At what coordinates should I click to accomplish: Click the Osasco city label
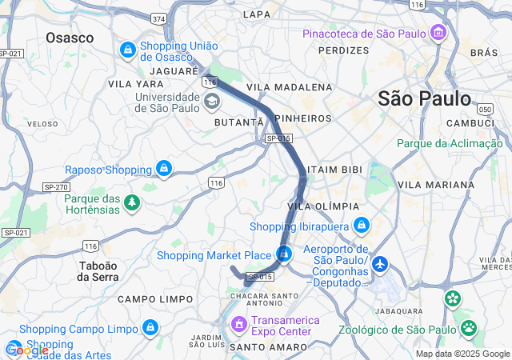70,38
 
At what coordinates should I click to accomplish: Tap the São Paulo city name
424,99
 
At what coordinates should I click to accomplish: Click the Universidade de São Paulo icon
212,101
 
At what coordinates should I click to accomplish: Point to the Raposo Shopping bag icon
164,169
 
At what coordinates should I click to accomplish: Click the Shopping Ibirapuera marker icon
361,226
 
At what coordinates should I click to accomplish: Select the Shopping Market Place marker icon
284,255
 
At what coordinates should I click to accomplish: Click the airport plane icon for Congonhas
379,263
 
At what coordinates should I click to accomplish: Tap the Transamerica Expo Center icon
238,325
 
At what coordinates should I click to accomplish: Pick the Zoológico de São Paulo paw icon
468,326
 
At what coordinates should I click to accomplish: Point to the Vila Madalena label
289,86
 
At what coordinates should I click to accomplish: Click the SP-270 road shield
55,186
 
